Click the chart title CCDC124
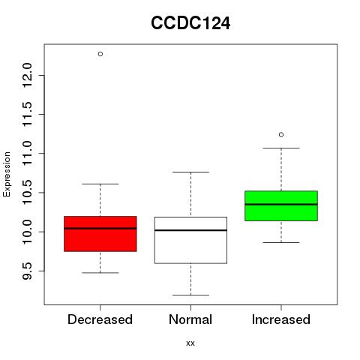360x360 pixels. coord(190,23)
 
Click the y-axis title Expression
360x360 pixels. coord(7,174)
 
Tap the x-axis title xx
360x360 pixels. coord(190,343)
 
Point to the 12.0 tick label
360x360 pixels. coord(27,75)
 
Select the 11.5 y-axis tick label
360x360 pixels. coord(27,114)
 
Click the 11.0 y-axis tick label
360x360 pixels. coord(27,153)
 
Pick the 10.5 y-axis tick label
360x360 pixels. coord(27,193)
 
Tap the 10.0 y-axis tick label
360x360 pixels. coord(27,232)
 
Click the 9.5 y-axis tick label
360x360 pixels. coord(27,271)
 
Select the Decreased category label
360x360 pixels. coord(100,319)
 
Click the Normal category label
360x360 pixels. coord(190,319)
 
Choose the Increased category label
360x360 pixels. coord(281,319)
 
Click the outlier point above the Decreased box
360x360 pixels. coord(100,54)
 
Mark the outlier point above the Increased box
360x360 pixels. coord(281,135)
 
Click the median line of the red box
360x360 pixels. coord(100,228)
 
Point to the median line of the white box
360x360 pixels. coord(190,230)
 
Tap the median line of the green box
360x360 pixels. coord(281,204)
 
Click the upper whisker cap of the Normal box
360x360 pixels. coord(190,172)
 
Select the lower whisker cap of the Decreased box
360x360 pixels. coord(100,273)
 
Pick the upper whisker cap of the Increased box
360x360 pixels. coord(281,148)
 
